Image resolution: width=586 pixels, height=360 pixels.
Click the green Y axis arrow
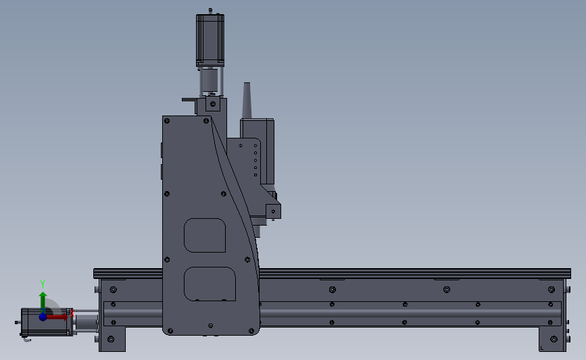43,301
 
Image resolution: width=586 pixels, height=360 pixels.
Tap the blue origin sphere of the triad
43,316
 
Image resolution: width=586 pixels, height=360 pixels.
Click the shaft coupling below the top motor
210,82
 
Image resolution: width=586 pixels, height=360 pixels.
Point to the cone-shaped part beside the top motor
247,101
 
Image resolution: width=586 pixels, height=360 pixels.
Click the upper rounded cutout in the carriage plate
205,235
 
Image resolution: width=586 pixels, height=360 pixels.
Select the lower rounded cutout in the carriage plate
210,284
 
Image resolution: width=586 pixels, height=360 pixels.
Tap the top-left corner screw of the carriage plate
167,122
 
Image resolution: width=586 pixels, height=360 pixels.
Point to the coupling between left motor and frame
85,322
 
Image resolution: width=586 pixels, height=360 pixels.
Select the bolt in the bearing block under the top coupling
213,105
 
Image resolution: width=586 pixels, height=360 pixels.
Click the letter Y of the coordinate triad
42,284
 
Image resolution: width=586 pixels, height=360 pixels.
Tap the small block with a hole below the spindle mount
272,211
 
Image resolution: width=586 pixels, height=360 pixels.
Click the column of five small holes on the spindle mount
255,159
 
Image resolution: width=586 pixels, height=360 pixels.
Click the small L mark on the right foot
541,348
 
